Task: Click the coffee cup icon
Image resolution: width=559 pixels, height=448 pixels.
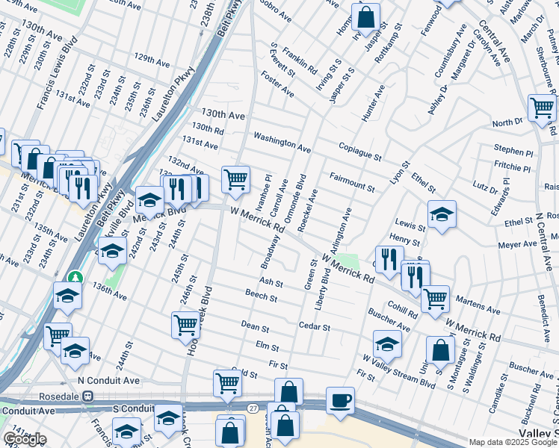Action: [x=341, y=400]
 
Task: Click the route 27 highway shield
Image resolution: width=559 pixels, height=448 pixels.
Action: [x=253, y=406]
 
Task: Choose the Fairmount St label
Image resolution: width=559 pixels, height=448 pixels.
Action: [x=351, y=181]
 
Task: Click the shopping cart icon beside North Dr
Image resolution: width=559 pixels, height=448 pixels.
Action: [x=542, y=108]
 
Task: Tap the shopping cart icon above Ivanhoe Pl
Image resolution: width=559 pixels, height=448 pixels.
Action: [x=235, y=179]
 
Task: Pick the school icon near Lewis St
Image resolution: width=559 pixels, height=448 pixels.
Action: [x=441, y=214]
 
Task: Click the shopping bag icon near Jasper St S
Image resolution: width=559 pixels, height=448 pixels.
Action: [x=365, y=16]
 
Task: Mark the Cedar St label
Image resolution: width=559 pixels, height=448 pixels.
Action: [x=314, y=327]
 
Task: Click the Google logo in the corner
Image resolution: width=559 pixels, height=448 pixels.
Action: [x=25, y=439]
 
